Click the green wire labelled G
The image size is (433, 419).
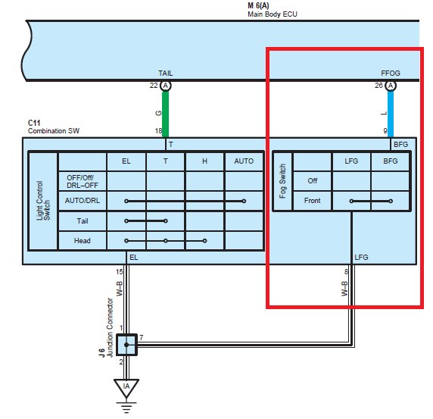(165, 114)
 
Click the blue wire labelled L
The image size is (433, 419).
(391, 114)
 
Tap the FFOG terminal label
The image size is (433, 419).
(390, 73)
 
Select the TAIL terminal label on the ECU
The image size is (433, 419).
(166, 73)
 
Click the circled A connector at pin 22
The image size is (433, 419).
(166, 86)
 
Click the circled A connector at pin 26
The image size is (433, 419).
(391, 86)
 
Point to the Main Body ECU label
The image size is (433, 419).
(273, 14)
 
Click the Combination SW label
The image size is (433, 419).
(54, 131)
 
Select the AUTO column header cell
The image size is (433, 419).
(244, 161)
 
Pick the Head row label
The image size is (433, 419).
(83, 241)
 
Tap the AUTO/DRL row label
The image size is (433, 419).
(83, 200)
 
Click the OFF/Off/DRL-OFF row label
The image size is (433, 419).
(83, 181)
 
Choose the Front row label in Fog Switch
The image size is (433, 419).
(312, 200)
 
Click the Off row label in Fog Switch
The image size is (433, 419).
(313, 181)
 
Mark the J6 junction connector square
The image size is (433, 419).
(126, 345)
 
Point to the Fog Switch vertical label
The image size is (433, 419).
(282, 181)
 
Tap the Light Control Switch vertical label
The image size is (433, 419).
(43, 201)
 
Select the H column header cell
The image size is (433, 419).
(204, 161)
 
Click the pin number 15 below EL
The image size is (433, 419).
(120, 272)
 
